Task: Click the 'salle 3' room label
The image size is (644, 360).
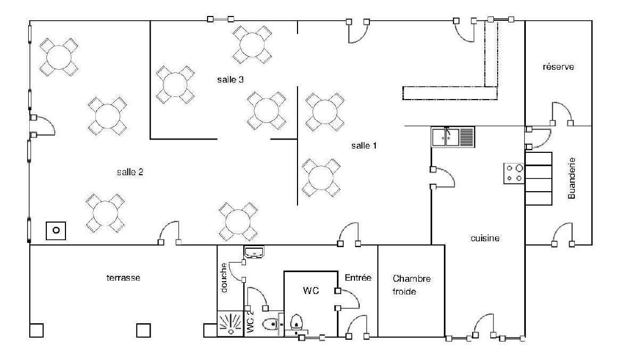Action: (x=230, y=79)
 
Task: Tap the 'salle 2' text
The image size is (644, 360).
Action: (x=130, y=172)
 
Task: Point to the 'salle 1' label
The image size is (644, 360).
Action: (x=364, y=145)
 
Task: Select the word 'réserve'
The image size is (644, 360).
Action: (x=558, y=67)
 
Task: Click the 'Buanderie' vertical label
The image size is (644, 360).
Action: (x=572, y=178)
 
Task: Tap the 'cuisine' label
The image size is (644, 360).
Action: (x=485, y=238)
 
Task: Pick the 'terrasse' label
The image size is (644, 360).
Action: (x=123, y=277)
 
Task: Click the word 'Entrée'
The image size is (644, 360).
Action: (x=358, y=277)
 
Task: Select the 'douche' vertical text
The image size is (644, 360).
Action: (x=224, y=277)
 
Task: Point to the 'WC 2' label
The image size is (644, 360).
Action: (x=250, y=322)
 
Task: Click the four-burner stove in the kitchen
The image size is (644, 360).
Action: (x=514, y=174)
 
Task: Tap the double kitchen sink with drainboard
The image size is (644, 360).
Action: (x=453, y=137)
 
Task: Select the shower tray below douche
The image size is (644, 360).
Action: (x=230, y=324)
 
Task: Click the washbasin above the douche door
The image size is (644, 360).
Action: (x=254, y=252)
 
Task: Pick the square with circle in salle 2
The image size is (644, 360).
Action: (x=56, y=231)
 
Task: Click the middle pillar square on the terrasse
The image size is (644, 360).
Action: (x=144, y=330)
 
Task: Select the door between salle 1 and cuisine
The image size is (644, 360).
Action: (x=442, y=178)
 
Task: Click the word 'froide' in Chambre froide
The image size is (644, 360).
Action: (x=404, y=291)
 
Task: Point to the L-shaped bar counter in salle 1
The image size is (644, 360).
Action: (x=450, y=93)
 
